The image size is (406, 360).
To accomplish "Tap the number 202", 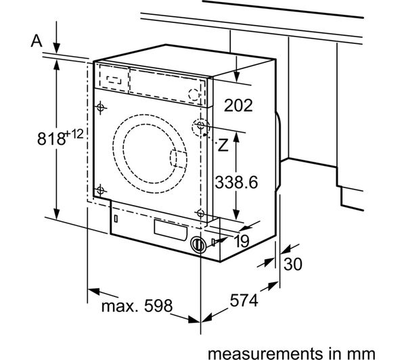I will (238, 105).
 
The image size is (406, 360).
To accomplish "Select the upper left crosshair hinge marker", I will (101, 107).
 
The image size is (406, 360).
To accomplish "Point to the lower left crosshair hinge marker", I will (101, 189).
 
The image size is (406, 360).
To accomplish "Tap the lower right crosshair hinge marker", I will (200, 214).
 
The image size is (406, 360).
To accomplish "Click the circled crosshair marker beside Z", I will (201, 127).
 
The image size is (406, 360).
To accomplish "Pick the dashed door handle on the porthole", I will (177, 159).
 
